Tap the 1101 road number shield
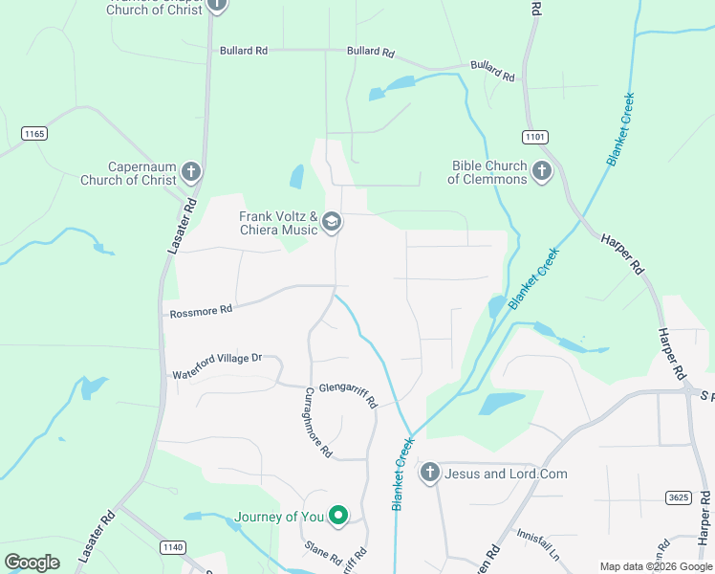(535, 138)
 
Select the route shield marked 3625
(678, 497)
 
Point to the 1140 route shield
(171, 546)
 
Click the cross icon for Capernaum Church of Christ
(191, 172)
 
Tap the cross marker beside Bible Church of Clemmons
(542, 172)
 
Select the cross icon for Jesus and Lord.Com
(430, 473)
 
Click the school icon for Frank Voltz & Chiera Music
(332, 223)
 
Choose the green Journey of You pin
(337, 517)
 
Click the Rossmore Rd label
(200, 311)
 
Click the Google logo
(32, 563)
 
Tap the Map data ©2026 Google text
(656, 566)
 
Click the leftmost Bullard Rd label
(243, 51)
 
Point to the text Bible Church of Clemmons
(487, 172)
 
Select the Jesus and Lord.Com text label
(507, 474)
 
